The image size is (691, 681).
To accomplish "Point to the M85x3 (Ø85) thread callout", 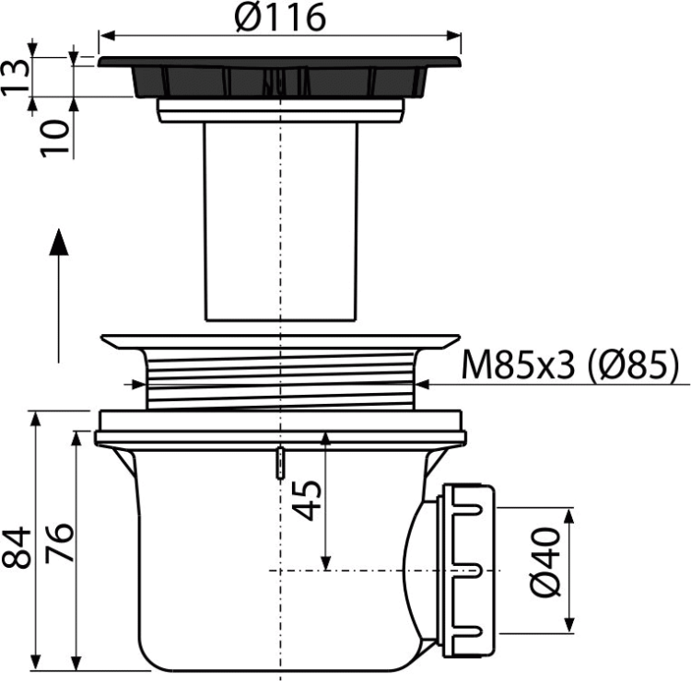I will pos(571,367).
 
